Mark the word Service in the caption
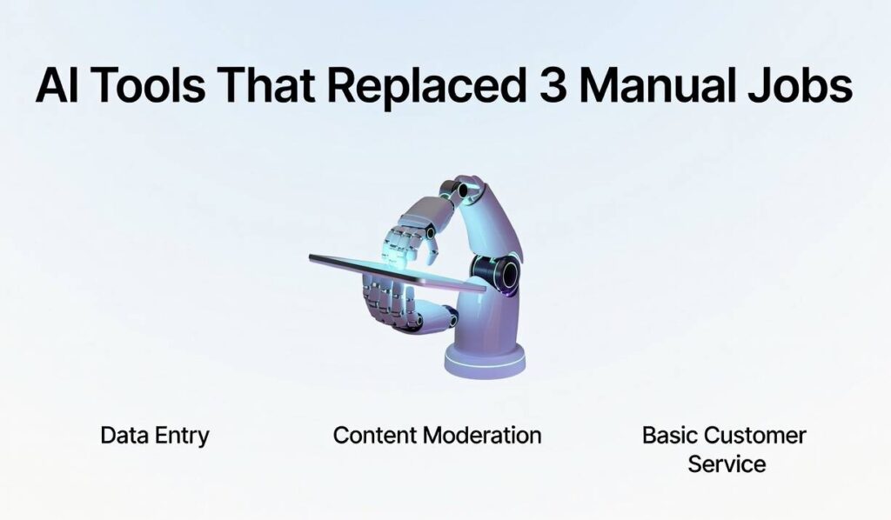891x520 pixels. click(x=727, y=463)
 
